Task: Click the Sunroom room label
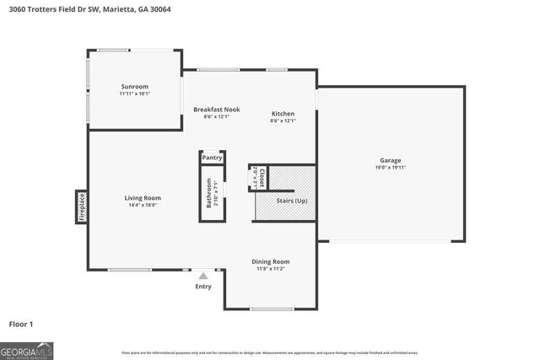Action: [x=135, y=87]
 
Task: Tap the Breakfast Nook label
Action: [x=211, y=110]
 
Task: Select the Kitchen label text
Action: [x=283, y=114]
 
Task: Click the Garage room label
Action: [x=390, y=160]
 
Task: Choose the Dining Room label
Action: [x=271, y=261]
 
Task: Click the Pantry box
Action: [x=212, y=158]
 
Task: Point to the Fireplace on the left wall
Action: [x=82, y=207]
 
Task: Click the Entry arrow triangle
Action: [x=202, y=275]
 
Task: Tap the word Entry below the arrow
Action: [x=203, y=287]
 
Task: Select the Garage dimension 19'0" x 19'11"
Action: [x=390, y=168]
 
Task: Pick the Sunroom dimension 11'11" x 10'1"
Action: [x=135, y=94]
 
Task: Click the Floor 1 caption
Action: [x=21, y=323]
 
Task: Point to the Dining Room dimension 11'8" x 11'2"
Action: [x=271, y=269]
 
